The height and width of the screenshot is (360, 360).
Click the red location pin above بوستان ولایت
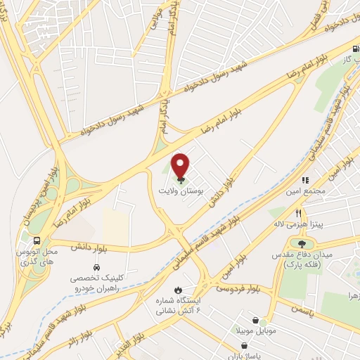click(181, 165)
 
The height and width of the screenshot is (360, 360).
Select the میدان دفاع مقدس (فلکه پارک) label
click(307, 258)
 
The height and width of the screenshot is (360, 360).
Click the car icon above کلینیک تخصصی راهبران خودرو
click(96, 268)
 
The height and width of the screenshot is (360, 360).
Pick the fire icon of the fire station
click(179, 289)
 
